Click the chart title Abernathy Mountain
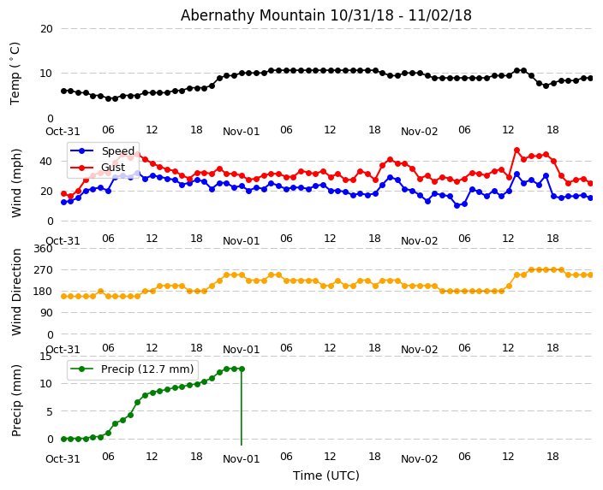325,15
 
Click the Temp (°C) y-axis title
15,73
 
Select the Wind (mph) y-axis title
16,182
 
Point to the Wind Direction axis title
16,291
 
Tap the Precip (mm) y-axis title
16,399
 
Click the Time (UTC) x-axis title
325,475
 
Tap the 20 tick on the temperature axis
45,29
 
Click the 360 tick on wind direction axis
42,249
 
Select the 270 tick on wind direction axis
42,270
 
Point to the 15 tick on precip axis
45,357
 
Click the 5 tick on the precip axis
49,411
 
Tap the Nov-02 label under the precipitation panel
419,459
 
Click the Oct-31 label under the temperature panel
63,132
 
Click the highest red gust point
516,151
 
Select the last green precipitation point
242,369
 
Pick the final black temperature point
590,78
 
